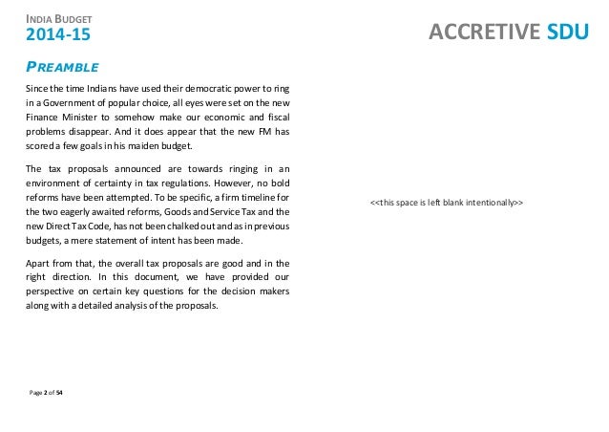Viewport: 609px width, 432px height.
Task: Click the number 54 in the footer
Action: (59, 392)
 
